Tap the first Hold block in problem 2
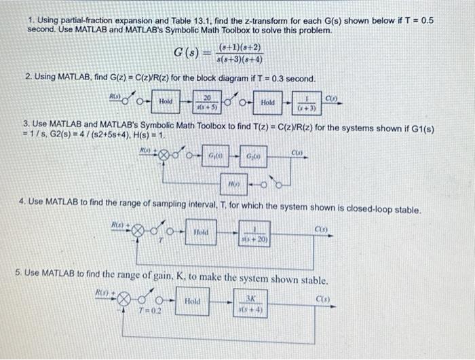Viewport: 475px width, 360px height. tap(165, 101)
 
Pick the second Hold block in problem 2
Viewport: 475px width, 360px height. tap(267, 102)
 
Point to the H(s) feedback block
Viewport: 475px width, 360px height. tap(235, 183)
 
